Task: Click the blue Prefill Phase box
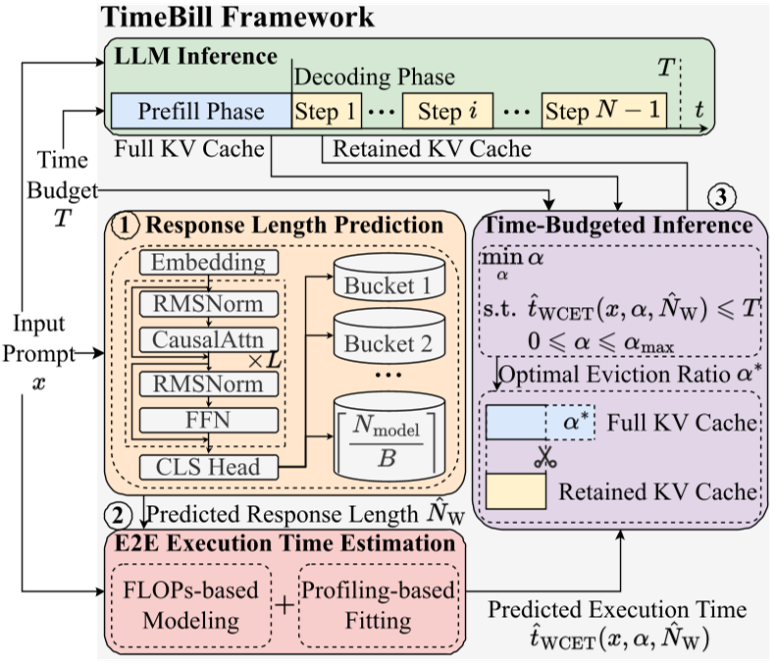pos(201,111)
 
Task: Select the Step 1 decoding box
pos(328,111)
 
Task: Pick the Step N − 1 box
pos(603,111)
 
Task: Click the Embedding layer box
pos(209,263)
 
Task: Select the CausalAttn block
pos(209,339)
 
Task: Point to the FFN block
pos(209,420)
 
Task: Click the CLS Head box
pos(209,467)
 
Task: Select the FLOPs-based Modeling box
pos(192,604)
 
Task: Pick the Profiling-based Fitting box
pos(378,604)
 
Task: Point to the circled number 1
pos(126,225)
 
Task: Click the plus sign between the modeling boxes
pos(284,605)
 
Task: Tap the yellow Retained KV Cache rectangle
pos(515,491)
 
